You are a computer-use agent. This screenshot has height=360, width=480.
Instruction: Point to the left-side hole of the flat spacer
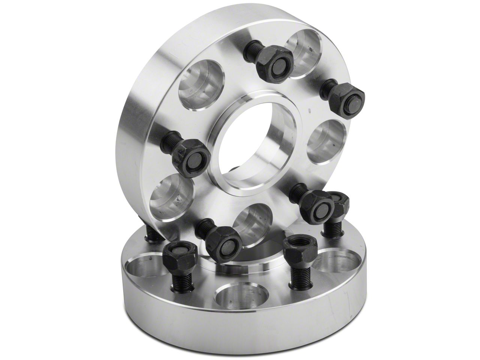[x=144, y=266]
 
